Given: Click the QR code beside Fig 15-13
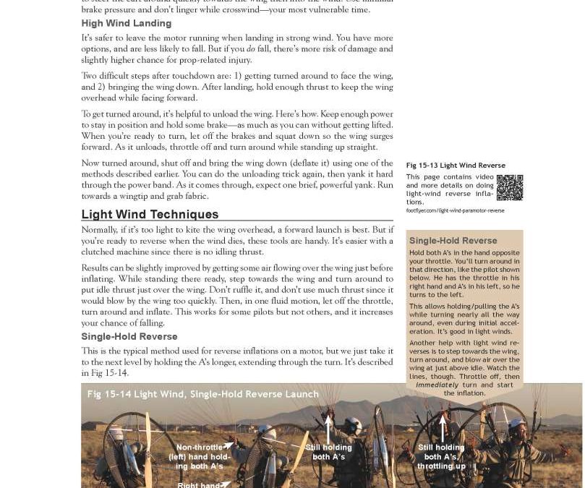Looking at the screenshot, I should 509,187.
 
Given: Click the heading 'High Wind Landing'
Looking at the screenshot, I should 126,24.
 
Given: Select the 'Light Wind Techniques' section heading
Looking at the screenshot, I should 150,214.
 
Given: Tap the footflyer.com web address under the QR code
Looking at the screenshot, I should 455,210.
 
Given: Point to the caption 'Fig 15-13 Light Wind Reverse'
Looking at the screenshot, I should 456,166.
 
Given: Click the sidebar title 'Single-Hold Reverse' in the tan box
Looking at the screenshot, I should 453,241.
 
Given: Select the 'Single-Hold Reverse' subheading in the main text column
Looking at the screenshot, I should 129,336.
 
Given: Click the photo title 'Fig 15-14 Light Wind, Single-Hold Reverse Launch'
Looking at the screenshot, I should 202,394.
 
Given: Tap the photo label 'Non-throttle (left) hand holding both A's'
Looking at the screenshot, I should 199,457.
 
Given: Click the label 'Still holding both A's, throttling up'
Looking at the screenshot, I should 441,457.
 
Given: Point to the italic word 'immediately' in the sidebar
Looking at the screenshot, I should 437,385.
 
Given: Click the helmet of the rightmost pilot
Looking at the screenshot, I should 516,426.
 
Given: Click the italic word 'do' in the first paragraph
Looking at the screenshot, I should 250,49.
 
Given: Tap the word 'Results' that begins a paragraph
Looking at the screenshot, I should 96,268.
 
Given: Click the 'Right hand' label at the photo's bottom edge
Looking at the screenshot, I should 199,484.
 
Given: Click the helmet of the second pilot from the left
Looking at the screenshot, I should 268,432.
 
